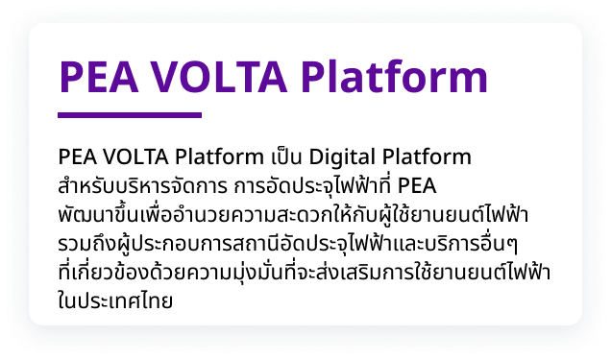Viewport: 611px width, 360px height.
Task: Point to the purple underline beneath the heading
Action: pos(130,115)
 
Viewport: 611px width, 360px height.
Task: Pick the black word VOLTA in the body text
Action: pos(131,156)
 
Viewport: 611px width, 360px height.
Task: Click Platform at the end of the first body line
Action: pos(428,156)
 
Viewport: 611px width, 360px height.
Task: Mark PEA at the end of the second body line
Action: pos(416,183)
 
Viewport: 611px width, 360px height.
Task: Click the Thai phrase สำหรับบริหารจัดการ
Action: pos(143,183)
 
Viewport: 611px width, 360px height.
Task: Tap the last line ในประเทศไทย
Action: pos(115,300)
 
